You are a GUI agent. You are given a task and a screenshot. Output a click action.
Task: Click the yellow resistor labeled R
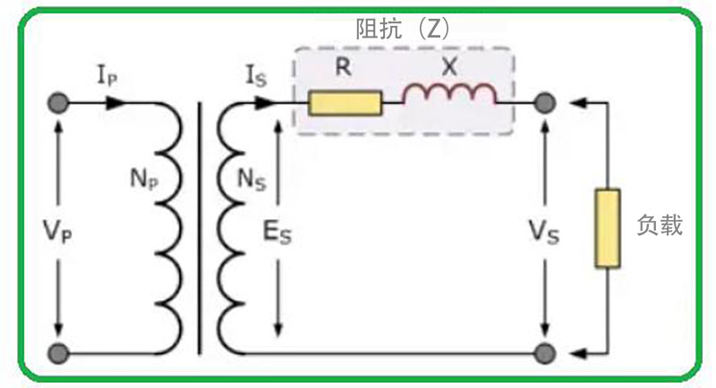point(345,104)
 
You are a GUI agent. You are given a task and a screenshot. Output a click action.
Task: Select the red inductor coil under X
point(449,96)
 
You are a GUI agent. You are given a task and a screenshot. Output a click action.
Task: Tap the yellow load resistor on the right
point(608,228)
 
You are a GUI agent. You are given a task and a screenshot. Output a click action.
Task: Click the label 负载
point(660,225)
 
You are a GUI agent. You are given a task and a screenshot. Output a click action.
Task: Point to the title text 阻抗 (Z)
point(403,29)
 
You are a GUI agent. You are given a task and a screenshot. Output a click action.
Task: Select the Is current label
point(256,76)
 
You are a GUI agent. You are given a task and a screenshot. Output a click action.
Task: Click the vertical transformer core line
point(199,228)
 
